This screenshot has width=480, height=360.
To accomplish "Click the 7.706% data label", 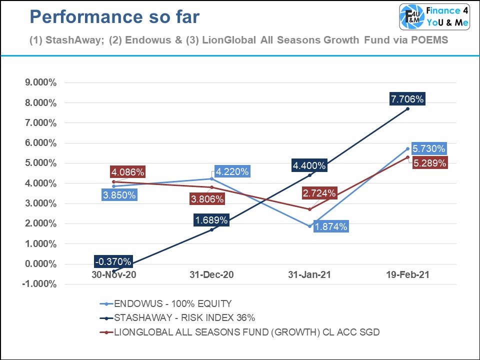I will pos(407,99).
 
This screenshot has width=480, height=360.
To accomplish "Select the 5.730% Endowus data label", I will pos(428,149).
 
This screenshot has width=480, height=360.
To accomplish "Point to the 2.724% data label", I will pos(319,193).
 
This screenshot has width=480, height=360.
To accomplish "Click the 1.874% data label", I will pos(330,226).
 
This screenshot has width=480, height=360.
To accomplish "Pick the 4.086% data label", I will pos(127,172).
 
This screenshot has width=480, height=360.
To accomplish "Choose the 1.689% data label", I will pos(212,220).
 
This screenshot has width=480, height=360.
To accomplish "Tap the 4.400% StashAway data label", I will pos(309,165).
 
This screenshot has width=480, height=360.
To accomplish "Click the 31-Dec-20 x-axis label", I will pos(212,274).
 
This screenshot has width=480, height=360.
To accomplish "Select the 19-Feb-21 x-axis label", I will pos(407,274).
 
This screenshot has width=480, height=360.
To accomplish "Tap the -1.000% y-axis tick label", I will pos(40,284).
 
